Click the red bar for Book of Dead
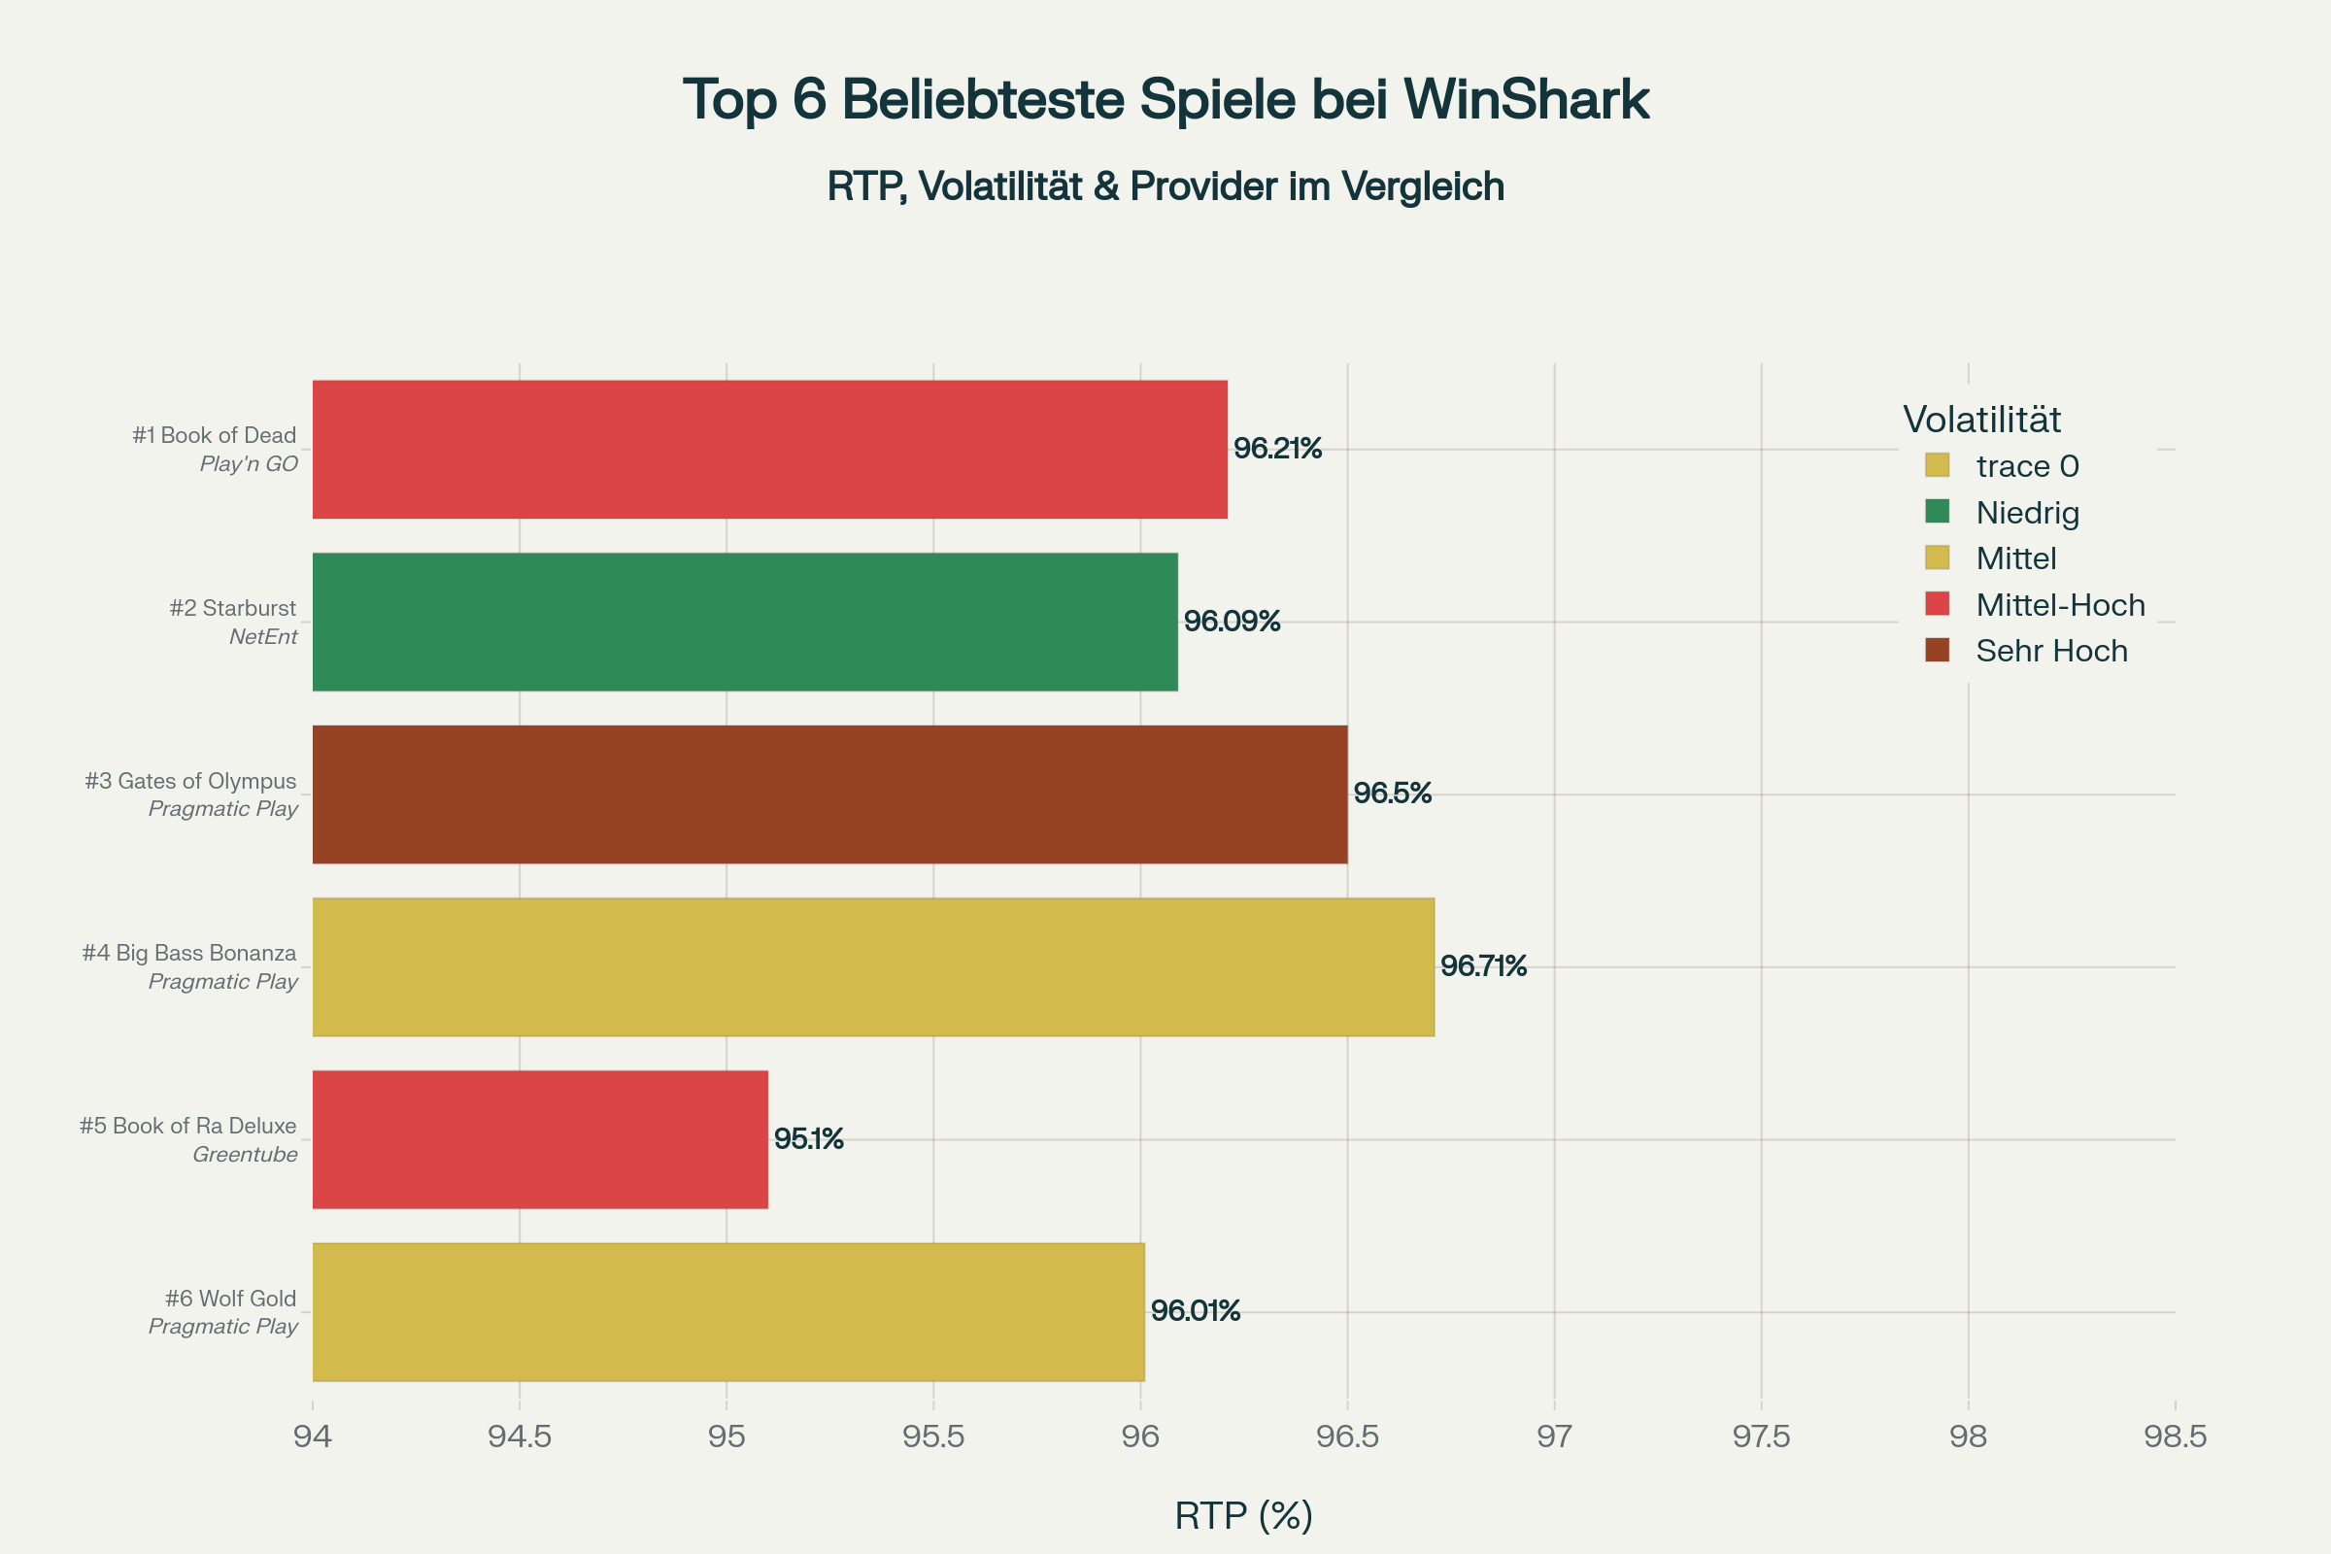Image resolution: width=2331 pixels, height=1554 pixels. pos(769,449)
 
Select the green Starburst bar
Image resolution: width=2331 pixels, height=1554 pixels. pos(744,622)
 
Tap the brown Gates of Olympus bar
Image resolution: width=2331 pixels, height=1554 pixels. pos(829,794)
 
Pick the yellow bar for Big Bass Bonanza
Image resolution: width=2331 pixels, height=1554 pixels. pos(872,966)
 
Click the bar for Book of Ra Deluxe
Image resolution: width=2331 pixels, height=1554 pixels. pos(540,1138)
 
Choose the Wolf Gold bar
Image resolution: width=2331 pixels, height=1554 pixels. pos(728,1311)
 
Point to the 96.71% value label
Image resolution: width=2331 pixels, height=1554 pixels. pos(1483,966)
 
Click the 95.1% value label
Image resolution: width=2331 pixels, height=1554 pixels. pos(808,1138)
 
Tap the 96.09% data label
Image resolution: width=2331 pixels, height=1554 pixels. pos(1232,622)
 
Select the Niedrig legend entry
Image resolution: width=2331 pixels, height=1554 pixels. pos(2027,513)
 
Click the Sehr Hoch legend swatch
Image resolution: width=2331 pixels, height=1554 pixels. pos(1937,650)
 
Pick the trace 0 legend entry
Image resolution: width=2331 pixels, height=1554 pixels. pos(2027,466)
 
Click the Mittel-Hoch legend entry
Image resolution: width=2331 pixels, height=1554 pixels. pos(2059,604)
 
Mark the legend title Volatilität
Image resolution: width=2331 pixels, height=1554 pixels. pos(1981,420)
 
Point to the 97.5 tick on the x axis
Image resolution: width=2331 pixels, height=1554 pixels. pos(1761,1436)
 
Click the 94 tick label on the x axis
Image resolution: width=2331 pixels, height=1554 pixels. pos(312,1436)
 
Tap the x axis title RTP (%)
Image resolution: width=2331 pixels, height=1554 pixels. pos(1243,1515)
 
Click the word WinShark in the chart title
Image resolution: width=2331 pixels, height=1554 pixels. pos(1525,99)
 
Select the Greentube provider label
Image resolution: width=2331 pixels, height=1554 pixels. pos(245,1155)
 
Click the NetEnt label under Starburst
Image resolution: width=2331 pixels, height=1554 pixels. pos(262,636)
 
